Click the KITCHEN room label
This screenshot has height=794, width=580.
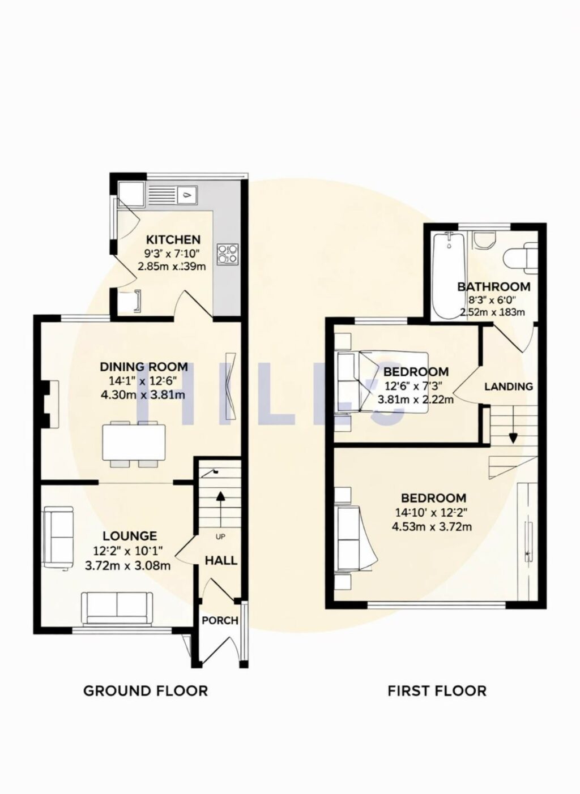pyautogui.click(x=173, y=239)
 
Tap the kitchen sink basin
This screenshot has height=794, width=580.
pyautogui.click(x=186, y=196)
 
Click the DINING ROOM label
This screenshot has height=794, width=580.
pyautogui.click(x=144, y=367)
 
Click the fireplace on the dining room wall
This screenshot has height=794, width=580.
pyautogui.click(x=50, y=404)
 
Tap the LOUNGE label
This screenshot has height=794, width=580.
pyautogui.click(x=130, y=536)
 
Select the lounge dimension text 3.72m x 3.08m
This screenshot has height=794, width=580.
pyautogui.click(x=127, y=565)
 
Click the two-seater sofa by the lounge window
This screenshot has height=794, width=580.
pyautogui.click(x=117, y=608)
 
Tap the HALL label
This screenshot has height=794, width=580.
pyautogui.click(x=221, y=561)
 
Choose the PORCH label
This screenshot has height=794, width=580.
pyautogui.click(x=220, y=620)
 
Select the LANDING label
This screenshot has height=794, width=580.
pyautogui.click(x=508, y=387)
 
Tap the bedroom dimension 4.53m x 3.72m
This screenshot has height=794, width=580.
pyautogui.click(x=432, y=527)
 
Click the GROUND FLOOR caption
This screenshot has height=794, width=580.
pyautogui.click(x=146, y=690)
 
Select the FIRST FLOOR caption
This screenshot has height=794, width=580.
pyautogui.click(x=437, y=690)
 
